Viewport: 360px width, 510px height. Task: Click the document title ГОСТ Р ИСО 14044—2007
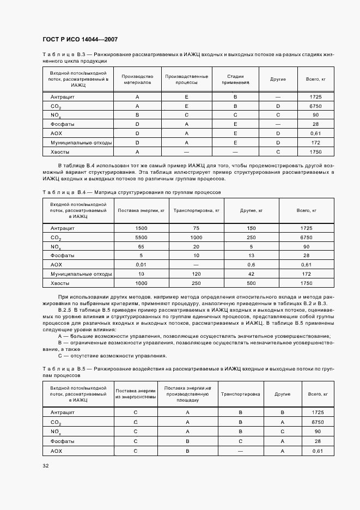(x=80, y=40)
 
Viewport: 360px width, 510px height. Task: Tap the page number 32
(x=45, y=465)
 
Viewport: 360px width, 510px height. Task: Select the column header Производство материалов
(x=137, y=80)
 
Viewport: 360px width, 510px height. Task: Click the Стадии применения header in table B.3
(x=235, y=80)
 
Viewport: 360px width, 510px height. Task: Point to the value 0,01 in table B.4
(x=142, y=264)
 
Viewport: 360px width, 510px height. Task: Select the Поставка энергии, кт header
(x=141, y=210)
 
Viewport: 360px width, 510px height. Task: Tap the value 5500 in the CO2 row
(x=142, y=238)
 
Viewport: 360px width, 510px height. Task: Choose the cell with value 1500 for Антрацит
(x=142, y=228)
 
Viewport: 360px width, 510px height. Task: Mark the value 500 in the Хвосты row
(x=251, y=283)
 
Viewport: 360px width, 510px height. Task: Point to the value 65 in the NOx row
(x=142, y=246)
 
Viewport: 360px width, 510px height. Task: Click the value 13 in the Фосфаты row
(x=251, y=256)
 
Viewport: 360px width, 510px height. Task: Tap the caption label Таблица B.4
(x=60, y=192)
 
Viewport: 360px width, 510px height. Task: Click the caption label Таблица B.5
(x=60, y=369)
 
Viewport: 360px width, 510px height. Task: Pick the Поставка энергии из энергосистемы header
(x=136, y=394)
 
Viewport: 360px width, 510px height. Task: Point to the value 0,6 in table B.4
(x=251, y=264)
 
